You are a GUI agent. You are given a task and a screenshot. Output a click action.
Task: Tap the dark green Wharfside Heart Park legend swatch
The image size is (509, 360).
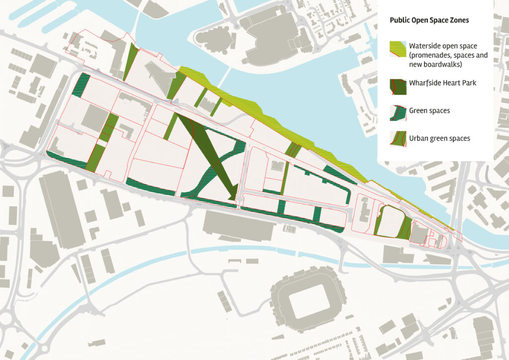[x=398, y=87]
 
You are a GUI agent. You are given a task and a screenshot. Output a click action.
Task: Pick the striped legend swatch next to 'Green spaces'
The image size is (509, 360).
[x=398, y=113]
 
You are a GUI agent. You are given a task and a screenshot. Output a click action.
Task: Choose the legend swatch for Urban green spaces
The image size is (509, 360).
[x=398, y=139]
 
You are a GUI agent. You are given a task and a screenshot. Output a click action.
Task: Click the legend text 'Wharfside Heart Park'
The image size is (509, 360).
[x=442, y=83]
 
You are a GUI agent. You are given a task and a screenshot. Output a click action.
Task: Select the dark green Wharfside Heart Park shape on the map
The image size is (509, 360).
[x=209, y=149]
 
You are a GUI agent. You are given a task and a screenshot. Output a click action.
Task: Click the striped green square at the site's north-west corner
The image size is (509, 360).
[x=82, y=85]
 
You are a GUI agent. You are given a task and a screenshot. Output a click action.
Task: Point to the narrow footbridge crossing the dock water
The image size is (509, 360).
[x=226, y=77]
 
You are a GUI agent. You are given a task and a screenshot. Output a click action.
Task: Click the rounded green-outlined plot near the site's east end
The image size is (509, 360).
[x=390, y=220]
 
